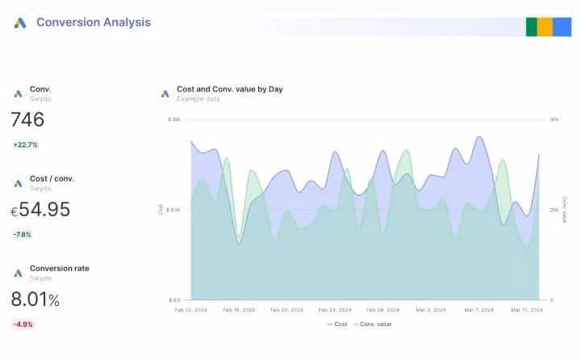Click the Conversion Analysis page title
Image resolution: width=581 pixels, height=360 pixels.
pyautogui.click(x=93, y=23)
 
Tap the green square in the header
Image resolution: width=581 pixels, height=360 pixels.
pyautogui.click(x=532, y=26)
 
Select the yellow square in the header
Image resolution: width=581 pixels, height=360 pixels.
pyautogui.click(x=545, y=26)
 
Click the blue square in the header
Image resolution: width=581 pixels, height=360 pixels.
pyautogui.click(x=562, y=26)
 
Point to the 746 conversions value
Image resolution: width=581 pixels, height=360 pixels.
pyautogui.click(x=27, y=119)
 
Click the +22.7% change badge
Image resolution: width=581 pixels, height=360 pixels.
pyautogui.click(x=25, y=145)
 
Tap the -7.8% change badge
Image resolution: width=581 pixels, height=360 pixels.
pyautogui.click(x=23, y=235)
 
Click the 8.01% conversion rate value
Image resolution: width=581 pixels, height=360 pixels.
pyautogui.click(x=35, y=299)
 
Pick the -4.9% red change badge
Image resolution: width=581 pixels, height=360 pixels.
pyautogui.click(x=23, y=324)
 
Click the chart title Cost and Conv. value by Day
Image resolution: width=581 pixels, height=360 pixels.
pyautogui.click(x=229, y=89)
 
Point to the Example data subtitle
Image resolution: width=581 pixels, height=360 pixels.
pyautogui.click(x=198, y=98)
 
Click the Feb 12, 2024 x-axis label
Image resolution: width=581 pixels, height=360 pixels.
pyautogui.click(x=191, y=310)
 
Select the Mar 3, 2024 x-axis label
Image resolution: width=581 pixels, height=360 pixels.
pyautogui.click(x=430, y=310)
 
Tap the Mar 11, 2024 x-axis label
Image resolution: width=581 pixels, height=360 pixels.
pyautogui.click(x=526, y=310)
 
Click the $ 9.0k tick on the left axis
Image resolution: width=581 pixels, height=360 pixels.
pyautogui.click(x=173, y=210)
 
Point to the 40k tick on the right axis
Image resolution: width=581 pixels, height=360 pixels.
pyautogui.click(x=554, y=119)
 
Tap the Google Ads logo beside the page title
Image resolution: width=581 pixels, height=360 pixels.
pyautogui.click(x=20, y=23)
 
